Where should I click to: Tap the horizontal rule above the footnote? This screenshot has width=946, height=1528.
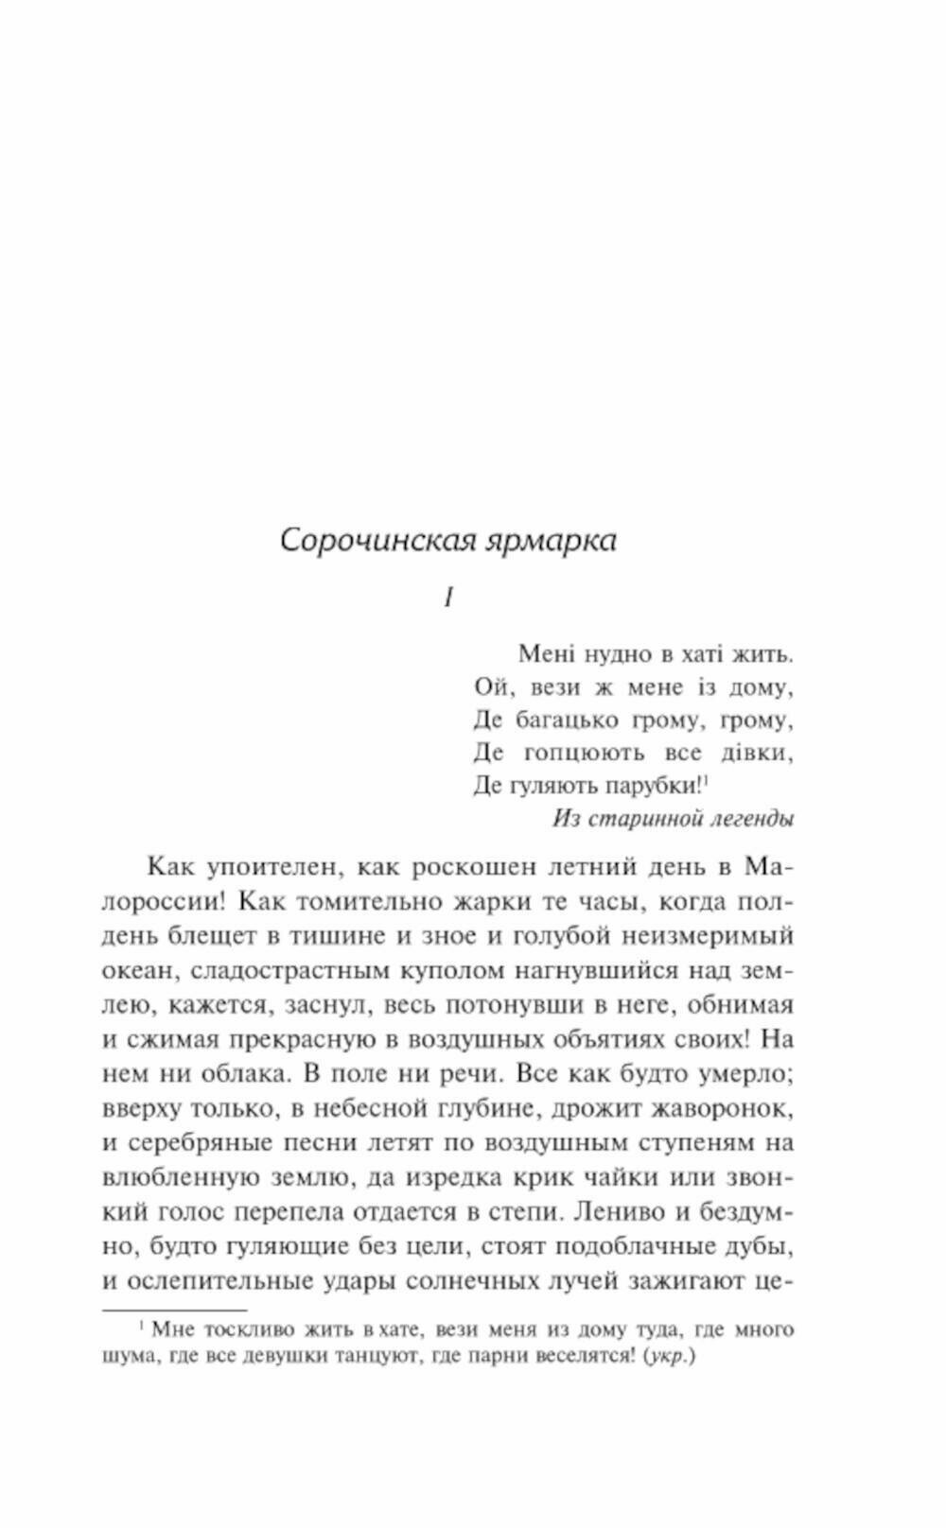click(174, 1311)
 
